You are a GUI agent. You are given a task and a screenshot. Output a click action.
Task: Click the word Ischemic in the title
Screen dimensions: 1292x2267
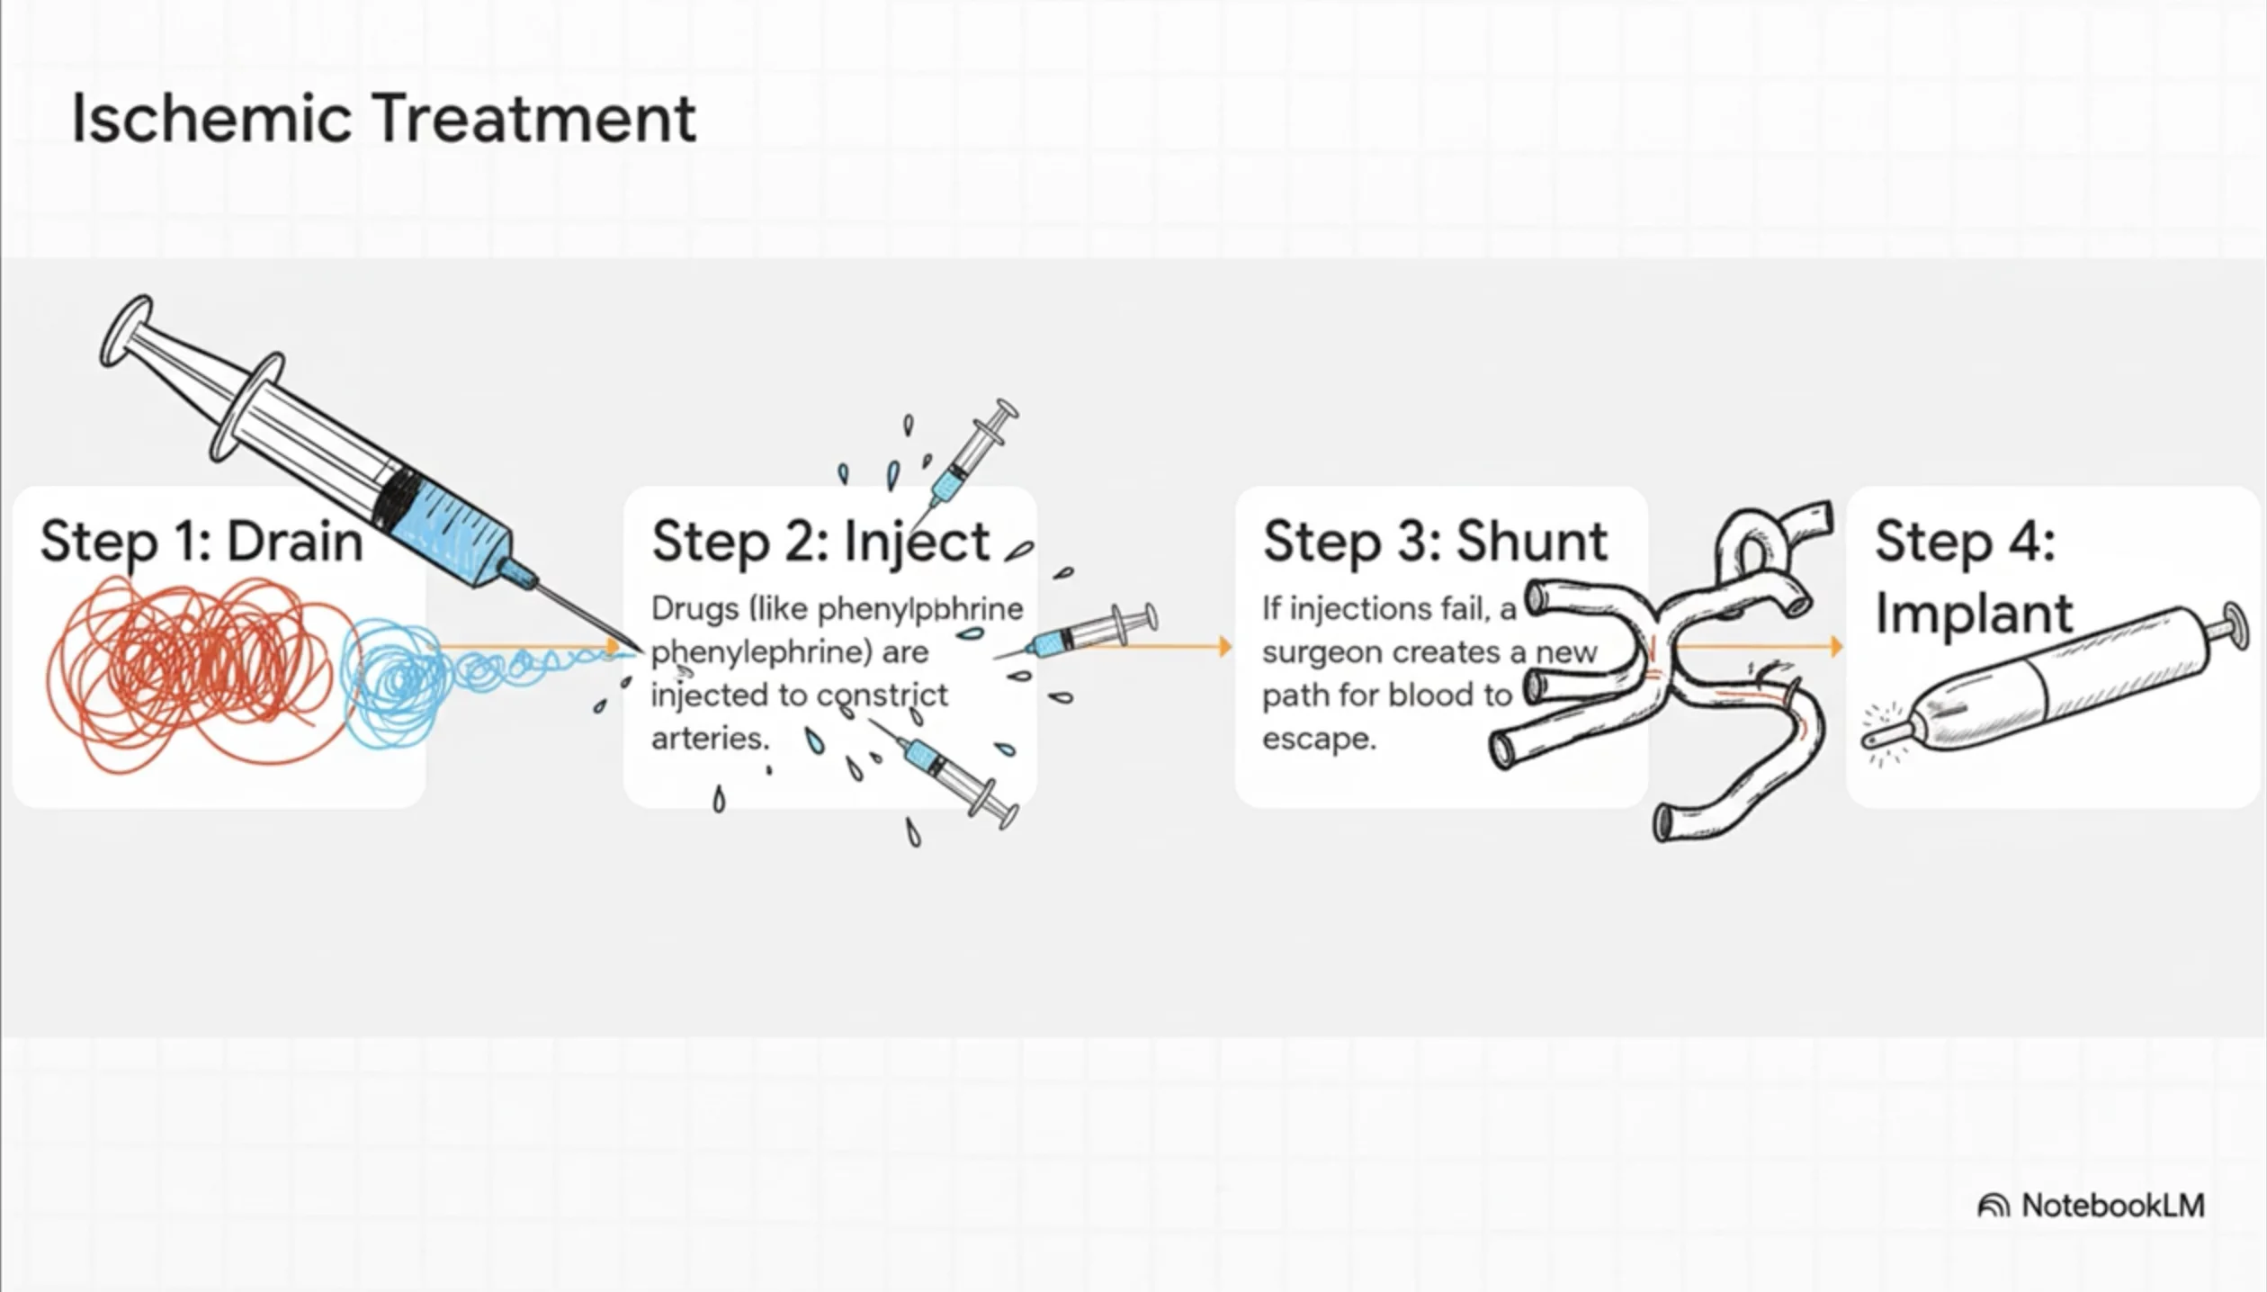(x=211, y=118)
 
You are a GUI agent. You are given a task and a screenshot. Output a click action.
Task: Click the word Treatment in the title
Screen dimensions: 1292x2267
(x=534, y=118)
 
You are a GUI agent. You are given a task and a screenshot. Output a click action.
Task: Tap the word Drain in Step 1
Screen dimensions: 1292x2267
(x=294, y=542)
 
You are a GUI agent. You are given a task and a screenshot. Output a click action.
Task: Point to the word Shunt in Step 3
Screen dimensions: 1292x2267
(x=1531, y=542)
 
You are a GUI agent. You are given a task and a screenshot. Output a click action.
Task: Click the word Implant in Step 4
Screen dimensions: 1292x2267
(x=1974, y=614)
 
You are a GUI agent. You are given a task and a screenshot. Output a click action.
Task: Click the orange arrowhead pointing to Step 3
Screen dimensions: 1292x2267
(x=1224, y=646)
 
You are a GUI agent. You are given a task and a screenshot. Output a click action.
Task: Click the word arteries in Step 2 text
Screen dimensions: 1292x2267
(x=709, y=739)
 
